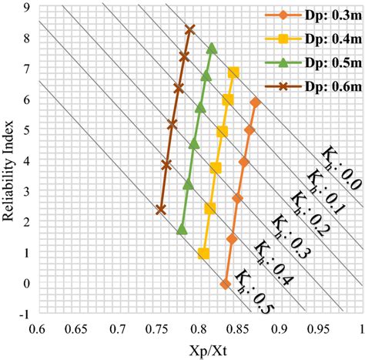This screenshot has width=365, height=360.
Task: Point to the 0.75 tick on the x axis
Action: coord(158,330)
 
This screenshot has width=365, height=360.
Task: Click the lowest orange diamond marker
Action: coord(226,284)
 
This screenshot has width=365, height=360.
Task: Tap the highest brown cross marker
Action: coord(190,29)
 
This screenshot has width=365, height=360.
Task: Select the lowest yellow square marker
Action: coord(203,254)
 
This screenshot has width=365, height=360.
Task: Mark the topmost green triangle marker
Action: coord(212,49)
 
